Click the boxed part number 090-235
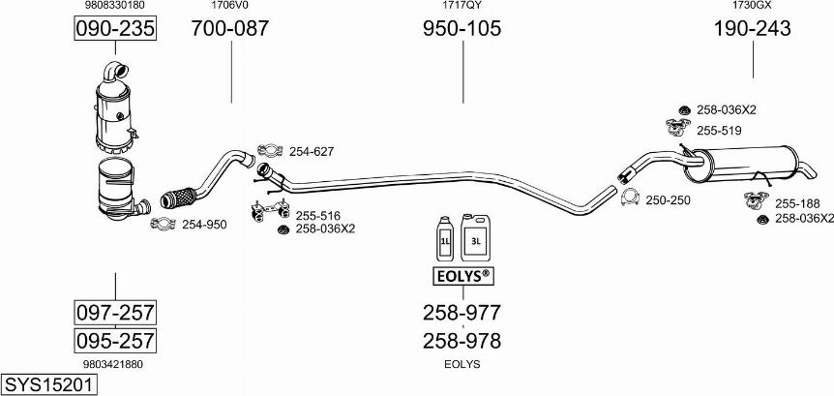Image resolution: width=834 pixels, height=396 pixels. (x=115, y=29)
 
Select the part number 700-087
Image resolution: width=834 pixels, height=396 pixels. (x=230, y=29)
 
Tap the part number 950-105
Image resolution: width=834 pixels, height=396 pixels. (x=462, y=29)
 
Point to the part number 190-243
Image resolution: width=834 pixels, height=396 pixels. (x=752, y=29)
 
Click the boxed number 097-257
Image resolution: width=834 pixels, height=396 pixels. (x=115, y=313)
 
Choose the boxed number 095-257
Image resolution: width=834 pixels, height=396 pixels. (x=115, y=341)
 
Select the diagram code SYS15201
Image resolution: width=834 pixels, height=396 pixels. (x=49, y=385)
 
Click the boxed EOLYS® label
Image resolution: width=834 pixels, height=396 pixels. (x=462, y=278)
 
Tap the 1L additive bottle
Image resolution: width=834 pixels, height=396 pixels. (x=444, y=237)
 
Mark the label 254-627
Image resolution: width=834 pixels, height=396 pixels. (x=311, y=151)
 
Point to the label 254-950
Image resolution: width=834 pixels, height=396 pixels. (x=204, y=225)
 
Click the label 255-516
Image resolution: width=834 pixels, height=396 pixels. (x=318, y=215)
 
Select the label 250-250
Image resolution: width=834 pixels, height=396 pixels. (x=668, y=199)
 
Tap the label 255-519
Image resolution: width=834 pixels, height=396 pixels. (x=719, y=131)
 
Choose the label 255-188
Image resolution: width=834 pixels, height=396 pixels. (x=797, y=203)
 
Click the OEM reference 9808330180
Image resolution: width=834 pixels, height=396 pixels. (x=115, y=6)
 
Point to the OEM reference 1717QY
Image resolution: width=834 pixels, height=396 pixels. (x=462, y=6)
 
